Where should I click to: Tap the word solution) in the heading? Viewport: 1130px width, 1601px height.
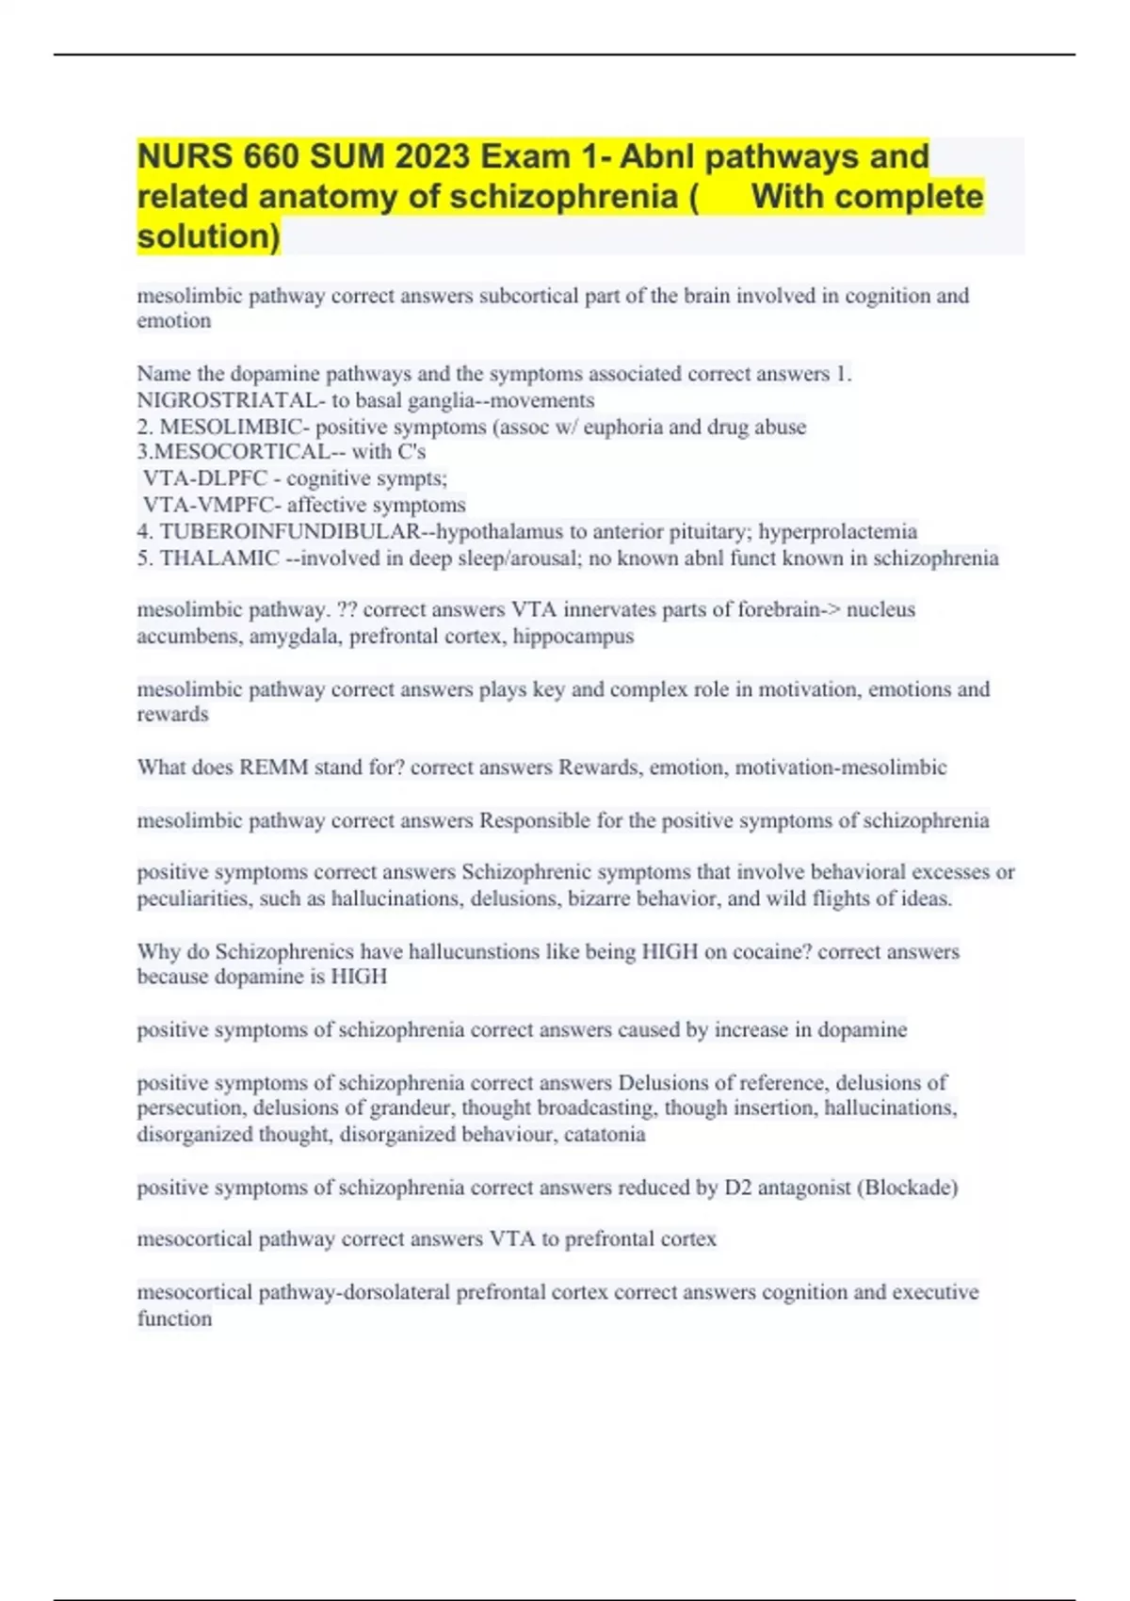(208, 235)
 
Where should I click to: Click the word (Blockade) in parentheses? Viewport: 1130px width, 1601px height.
(907, 1187)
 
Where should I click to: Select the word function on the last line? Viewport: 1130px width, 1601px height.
(174, 1318)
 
